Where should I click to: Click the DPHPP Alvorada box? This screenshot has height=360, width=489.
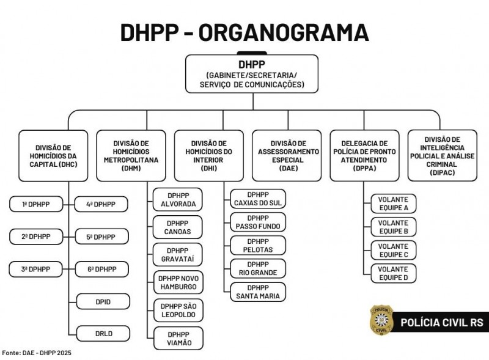pos(178,200)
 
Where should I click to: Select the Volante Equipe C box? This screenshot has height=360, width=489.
pos(394,250)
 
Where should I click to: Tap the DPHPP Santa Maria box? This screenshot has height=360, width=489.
pos(258,292)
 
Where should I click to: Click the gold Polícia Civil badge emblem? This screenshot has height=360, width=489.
pos(381,321)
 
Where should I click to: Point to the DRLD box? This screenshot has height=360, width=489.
pos(103,334)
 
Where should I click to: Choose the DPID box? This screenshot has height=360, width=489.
pos(103,302)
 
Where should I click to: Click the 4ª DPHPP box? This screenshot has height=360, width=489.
pos(101,204)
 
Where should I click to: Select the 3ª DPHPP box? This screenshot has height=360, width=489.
pos(35,269)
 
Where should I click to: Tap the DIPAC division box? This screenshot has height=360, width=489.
pos(442,156)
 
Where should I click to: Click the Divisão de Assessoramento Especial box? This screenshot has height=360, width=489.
pos(287,156)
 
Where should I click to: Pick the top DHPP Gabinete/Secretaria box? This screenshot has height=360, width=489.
pos(252,74)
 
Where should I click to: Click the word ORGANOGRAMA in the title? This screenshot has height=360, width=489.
pos(284,32)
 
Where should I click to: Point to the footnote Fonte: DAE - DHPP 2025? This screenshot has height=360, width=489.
pos(37,353)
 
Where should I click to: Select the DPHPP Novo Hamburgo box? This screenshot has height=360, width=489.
pos(178,282)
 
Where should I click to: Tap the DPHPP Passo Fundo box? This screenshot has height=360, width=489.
pos(258,222)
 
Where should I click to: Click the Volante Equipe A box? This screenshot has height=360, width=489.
pos(394,204)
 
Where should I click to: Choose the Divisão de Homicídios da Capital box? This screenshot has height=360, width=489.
pos(53,156)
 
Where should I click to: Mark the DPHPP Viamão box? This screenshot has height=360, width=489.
pos(178,339)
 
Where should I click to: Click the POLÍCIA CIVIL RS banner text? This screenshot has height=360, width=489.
pos(441,322)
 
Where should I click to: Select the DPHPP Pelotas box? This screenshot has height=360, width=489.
pos(258,246)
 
